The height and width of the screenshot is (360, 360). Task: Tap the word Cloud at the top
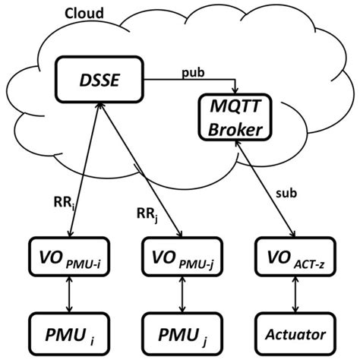83,13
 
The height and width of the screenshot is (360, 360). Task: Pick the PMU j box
180,331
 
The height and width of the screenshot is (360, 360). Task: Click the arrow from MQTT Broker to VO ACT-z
267,190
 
